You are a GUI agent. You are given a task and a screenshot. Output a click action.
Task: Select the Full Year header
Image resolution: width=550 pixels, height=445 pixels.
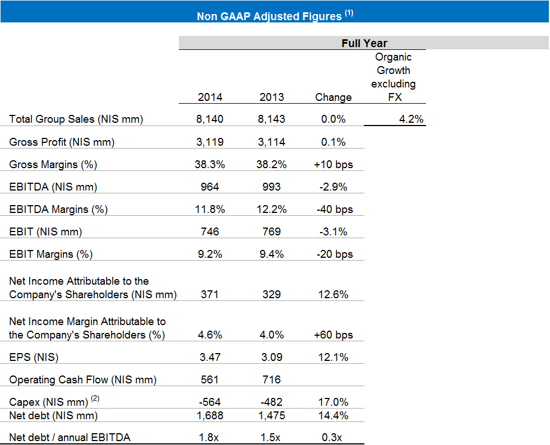(x=364, y=43)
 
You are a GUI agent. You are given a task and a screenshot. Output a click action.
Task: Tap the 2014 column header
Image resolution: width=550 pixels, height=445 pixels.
(x=210, y=97)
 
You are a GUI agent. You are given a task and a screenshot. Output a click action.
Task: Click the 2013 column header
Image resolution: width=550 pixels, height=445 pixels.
(x=271, y=97)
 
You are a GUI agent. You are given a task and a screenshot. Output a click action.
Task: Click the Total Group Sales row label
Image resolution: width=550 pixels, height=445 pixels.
(x=76, y=119)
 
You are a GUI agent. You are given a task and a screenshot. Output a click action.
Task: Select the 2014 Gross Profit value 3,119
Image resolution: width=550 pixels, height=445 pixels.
(x=210, y=142)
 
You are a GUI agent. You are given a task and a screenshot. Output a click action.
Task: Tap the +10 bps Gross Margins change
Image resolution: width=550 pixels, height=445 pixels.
(x=333, y=164)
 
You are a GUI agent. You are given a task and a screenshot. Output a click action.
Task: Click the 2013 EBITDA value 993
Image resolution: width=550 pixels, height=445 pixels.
(x=271, y=187)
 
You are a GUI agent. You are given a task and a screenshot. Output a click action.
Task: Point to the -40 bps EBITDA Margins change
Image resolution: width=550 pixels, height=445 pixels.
(x=335, y=209)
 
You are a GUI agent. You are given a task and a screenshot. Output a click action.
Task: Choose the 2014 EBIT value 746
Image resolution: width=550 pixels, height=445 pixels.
(x=210, y=231)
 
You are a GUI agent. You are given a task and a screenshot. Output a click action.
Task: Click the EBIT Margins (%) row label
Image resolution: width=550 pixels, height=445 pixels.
(x=51, y=254)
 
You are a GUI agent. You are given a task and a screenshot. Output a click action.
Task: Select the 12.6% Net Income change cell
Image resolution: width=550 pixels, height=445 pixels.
(x=333, y=294)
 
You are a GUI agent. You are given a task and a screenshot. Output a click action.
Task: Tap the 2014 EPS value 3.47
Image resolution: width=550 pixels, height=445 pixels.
(x=210, y=357)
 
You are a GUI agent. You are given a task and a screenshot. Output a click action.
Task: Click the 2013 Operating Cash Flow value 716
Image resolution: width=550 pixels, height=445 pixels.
(x=271, y=379)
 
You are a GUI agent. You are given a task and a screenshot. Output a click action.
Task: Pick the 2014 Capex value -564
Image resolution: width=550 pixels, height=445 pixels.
(x=210, y=402)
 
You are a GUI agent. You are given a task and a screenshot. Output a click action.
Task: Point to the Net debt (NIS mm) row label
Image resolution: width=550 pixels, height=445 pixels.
(x=53, y=415)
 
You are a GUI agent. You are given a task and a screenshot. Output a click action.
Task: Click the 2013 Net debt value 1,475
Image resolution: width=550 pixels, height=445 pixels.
(x=271, y=415)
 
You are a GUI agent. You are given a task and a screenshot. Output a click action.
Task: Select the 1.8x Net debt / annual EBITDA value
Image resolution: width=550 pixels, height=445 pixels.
(x=210, y=437)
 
